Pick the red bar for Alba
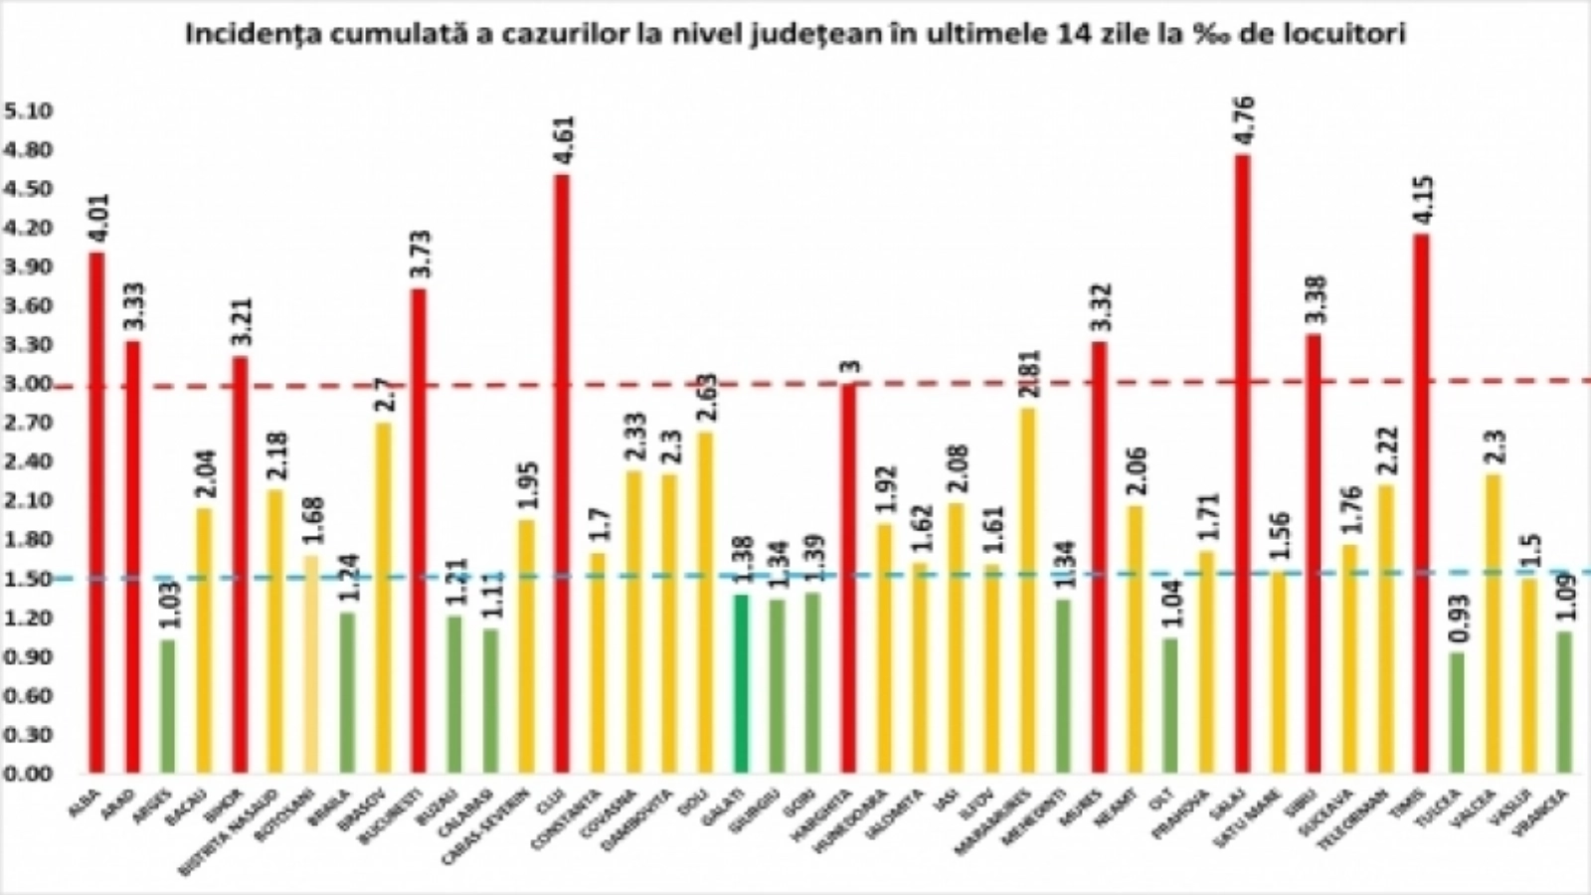tap(96, 512)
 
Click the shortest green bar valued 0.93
tap(1457, 712)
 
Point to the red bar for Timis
tap(1421, 503)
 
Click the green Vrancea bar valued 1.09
tap(1564, 702)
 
